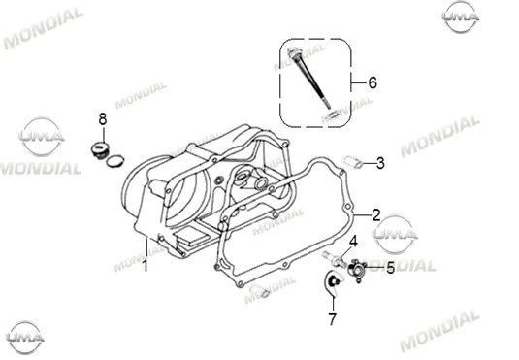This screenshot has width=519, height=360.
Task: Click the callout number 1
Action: coord(145,266)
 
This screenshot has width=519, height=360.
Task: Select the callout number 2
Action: coord(376,215)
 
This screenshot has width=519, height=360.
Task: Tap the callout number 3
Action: coord(380,163)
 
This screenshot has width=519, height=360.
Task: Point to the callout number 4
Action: coord(353,242)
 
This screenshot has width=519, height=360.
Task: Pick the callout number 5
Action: coord(391,268)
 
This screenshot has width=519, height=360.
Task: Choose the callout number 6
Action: coord(373,82)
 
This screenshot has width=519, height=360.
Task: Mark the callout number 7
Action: coord(333,319)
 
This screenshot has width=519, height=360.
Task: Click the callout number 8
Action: coord(103,119)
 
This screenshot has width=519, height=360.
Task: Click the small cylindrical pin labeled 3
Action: coord(352,162)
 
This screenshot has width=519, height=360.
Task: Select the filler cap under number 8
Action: coord(99,149)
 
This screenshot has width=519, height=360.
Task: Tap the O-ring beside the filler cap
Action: coord(114,161)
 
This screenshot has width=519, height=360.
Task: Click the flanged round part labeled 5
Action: coord(357,271)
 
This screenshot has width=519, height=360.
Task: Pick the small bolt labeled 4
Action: coord(333,258)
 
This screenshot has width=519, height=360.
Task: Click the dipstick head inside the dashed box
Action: coord(293,53)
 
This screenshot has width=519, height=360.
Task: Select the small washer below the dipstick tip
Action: coord(332,115)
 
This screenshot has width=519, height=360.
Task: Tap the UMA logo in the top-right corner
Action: coord(460,16)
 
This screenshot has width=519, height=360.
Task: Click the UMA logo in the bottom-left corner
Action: coord(25,337)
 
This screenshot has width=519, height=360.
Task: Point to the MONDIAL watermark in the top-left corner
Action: coord(43,28)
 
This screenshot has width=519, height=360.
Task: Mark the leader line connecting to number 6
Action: coord(359,82)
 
